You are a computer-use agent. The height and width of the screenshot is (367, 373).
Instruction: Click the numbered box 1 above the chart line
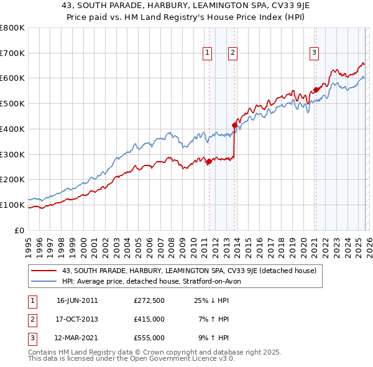point(206,53)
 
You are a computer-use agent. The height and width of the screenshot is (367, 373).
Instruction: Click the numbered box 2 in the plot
point(232,53)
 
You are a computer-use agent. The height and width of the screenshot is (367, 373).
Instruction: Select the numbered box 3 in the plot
point(315,53)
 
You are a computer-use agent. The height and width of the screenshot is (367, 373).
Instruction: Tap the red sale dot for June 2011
point(209,161)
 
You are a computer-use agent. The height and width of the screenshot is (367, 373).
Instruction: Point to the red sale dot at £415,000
point(234,125)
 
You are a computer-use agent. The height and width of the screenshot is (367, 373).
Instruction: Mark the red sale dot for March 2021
point(316,90)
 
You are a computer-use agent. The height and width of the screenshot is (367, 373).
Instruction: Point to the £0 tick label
point(19,230)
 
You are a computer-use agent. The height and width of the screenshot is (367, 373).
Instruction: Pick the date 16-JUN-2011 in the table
point(77,300)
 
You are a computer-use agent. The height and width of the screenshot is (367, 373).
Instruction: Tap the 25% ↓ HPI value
point(211,300)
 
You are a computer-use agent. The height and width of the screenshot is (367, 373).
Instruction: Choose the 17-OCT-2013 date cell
point(77,319)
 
